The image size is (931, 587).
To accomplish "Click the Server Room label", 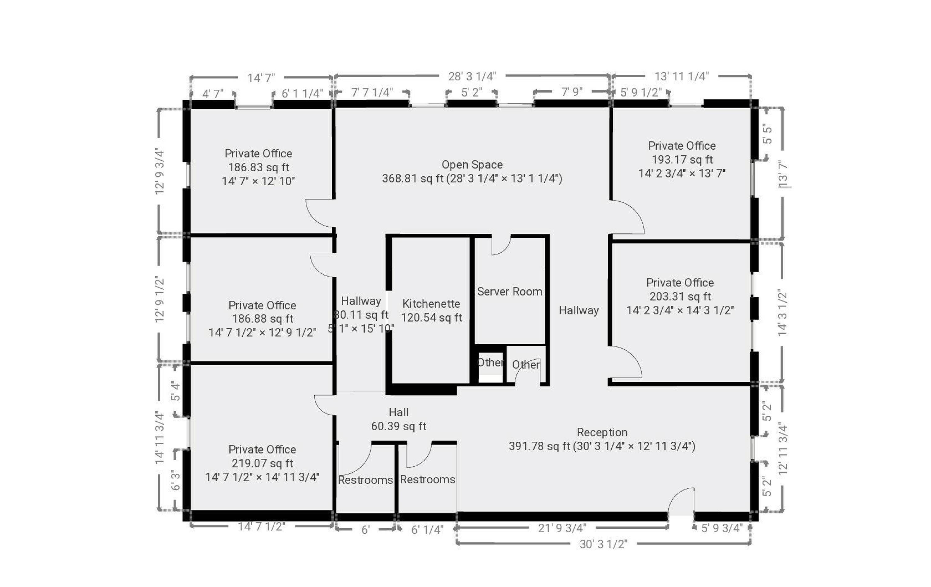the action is tap(510, 291).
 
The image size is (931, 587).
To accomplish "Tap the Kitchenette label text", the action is tap(431, 304).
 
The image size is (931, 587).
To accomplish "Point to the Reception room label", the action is tap(602, 432).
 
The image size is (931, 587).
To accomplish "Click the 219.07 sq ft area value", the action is tap(262, 463).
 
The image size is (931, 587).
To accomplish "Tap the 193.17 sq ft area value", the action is tap(682, 160).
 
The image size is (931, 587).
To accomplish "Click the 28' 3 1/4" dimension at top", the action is tap(472, 77).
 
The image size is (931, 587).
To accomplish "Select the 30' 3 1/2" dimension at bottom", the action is tap(603, 544).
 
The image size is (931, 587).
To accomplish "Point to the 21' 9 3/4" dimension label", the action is tap(562, 528).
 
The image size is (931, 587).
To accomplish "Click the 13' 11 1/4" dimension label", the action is tap(681, 77).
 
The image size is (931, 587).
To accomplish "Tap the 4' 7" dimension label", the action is tap(213, 94).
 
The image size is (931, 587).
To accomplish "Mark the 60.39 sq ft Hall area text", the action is tap(398, 426).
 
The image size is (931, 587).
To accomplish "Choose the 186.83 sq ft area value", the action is tap(258, 167).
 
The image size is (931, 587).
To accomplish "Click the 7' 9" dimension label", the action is tap(572, 92).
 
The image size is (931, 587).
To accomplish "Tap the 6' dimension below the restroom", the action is tap(365, 530).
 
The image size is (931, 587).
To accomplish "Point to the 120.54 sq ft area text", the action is tap(431, 318).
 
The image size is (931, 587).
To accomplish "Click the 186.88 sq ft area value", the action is tap(263, 319).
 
